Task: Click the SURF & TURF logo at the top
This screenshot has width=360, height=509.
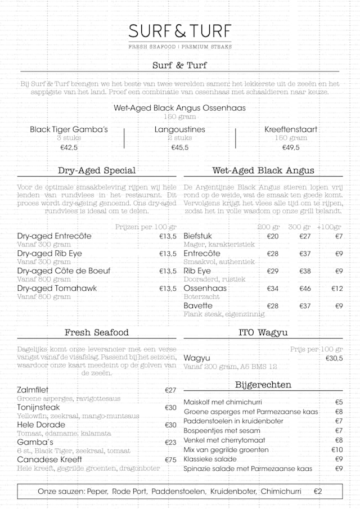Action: (180, 31)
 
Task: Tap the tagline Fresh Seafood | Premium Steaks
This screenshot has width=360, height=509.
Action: (180, 47)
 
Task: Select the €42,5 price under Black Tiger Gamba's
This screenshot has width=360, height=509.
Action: (69, 148)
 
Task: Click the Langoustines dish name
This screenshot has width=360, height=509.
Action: (180, 129)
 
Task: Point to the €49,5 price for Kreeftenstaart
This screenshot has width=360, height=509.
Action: (291, 148)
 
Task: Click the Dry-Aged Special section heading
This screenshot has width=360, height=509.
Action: (97, 170)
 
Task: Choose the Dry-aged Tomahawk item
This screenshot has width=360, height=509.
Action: (57, 289)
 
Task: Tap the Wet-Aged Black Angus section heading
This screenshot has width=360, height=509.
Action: (263, 170)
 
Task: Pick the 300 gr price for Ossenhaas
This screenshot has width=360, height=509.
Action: (305, 289)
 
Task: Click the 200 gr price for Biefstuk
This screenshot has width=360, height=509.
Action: (273, 236)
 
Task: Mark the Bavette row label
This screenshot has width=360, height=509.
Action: (198, 306)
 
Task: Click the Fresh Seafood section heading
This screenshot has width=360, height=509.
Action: (97, 332)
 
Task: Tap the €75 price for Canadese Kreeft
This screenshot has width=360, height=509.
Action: (170, 460)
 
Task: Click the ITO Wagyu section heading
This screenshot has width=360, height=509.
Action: (263, 332)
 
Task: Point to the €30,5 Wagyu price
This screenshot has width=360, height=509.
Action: (334, 358)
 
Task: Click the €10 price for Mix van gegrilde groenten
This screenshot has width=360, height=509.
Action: (337, 450)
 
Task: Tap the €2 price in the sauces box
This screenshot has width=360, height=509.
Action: (318, 491)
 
